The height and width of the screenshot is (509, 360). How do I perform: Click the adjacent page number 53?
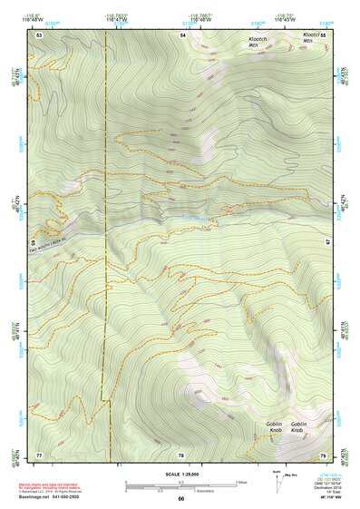click(40, 34)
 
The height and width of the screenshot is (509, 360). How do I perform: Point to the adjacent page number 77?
click(40, 454)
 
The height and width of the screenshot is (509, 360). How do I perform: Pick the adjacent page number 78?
click(181, 454)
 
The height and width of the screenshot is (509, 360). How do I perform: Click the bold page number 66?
click(181, 499)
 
